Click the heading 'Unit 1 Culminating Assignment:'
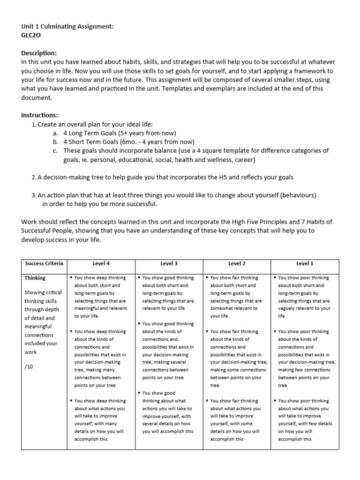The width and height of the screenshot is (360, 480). click(67, 26)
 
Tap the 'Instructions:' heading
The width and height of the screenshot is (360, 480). click(40, 115)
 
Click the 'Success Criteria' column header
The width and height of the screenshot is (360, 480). click(44, 263)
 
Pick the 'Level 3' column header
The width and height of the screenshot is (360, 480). click(169, 263)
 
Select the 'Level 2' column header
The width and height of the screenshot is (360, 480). click(237, 263)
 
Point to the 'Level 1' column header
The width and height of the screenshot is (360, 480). click(305, 263)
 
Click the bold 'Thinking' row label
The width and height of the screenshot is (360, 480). click(36, 278)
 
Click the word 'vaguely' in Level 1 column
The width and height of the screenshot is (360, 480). click(290, 308)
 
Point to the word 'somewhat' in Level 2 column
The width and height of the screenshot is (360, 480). click(223, 308)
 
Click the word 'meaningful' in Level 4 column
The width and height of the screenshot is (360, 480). click(87, 308)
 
